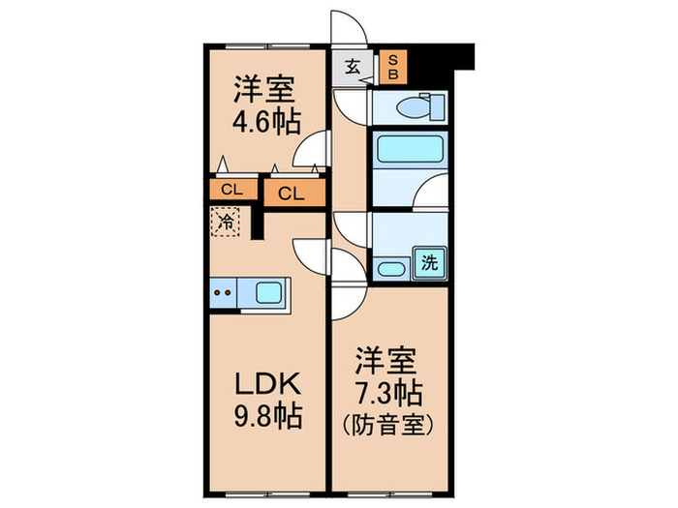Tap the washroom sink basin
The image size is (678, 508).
coord(391,268)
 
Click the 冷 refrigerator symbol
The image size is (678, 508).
coord(225,222)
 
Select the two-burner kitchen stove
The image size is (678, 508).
coord(222,290)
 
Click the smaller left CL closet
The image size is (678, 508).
coord(231,190)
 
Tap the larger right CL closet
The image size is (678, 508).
coord(292,194)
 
